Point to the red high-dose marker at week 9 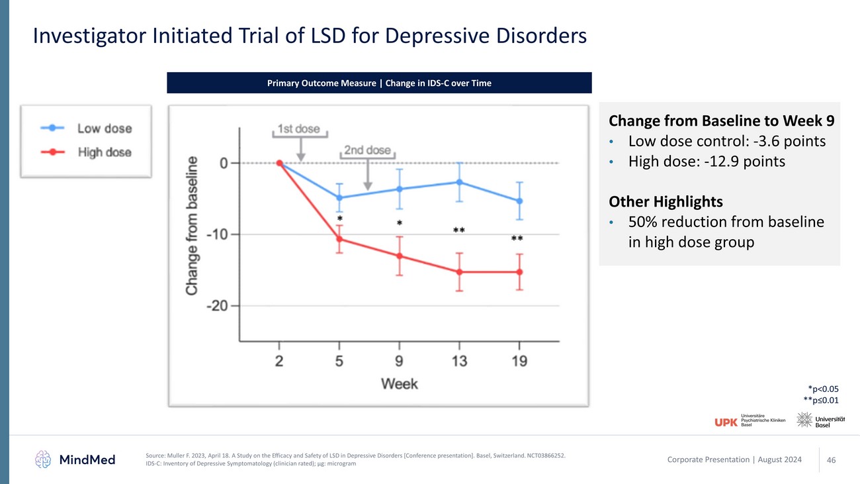pyautogui.click(x=400, y=256)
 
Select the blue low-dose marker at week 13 pyautogui.click(x=459, y=182)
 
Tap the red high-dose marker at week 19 pyautogui.click(x=519, y=272)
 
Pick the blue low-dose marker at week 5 pyautogui.click(x=339, y=198)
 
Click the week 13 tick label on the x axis pyautogui.click(x=459, y=361)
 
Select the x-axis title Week pyautogui.click(x=399, y=383)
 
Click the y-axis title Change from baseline pyautogui.click(x=192, y=225)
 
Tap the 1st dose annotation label pyautogui.click(x=299, y=129)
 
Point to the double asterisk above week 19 pyautogui.click(x=517, y=238)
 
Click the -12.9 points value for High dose pyautogui.click(x=752, y=161)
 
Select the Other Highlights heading pyautogui.click(x=666, y=201)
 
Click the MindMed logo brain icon pyautogui.click(x=44, y=459)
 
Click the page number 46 pyautogui.click(x=832, y=460)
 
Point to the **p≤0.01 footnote pyautogui.click(x=820, y=401)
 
